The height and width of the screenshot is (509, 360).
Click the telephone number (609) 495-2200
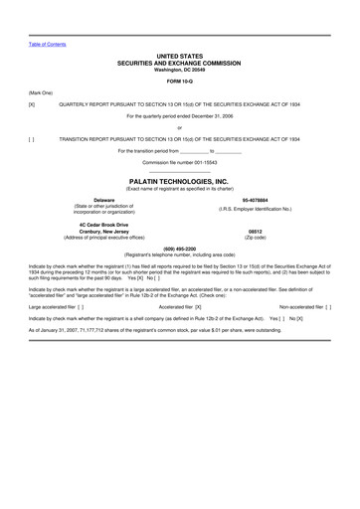[x=180, y=248]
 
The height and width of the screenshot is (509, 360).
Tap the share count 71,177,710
[x=94, y=331]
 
